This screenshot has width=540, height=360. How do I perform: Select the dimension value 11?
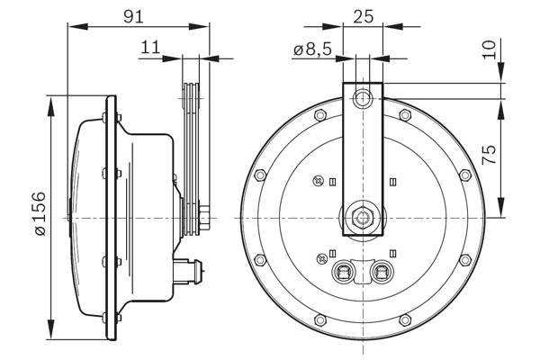point(150,48)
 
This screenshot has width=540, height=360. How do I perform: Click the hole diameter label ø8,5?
point(311,51)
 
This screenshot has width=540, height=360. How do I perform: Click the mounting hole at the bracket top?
point(364,96)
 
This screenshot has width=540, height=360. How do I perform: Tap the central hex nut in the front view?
point(363,217)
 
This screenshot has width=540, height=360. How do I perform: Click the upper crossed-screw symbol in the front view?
point(317,182)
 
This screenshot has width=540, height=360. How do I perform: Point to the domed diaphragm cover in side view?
point(85,217)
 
